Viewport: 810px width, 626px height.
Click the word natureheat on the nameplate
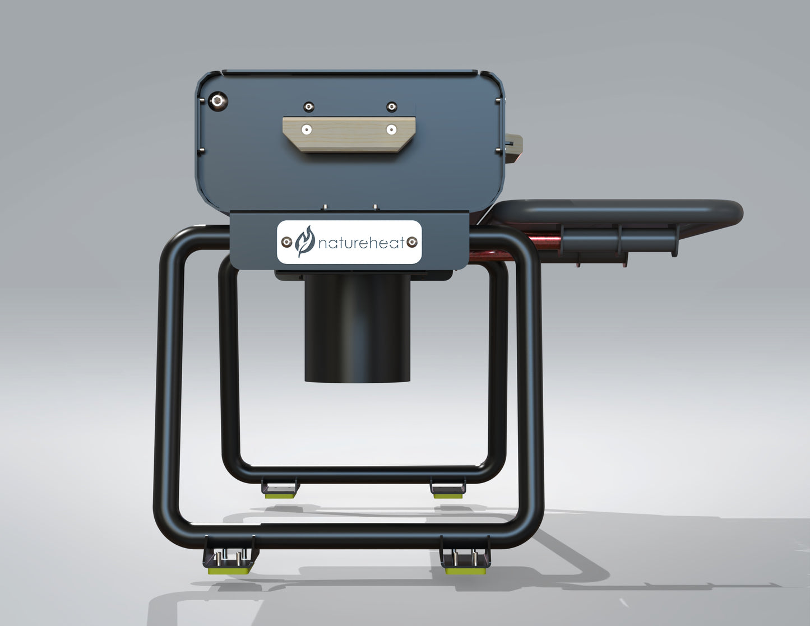pos(361,243)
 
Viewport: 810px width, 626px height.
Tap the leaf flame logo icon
pos(305,242)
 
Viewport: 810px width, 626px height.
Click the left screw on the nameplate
pos(286,242)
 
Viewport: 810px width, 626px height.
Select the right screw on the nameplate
pos(412,242)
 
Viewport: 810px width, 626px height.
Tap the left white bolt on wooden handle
pos(306,130)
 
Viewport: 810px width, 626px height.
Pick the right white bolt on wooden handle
pos(391,130)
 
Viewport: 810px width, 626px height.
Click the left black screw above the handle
pos(308,106)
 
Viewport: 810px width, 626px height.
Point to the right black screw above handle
pos(392,106)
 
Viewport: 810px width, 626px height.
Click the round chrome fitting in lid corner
pos(217,101)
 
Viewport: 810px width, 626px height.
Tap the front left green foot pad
pos(229,571)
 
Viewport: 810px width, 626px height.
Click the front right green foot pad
pos(465,571)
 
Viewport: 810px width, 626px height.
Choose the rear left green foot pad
pos(280,495)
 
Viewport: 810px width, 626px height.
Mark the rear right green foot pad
pos(447,495)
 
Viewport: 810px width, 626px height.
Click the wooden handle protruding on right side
pos(514,147)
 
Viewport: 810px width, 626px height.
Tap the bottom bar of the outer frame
pos(348,536)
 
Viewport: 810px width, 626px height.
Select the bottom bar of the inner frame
pos(359,474)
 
